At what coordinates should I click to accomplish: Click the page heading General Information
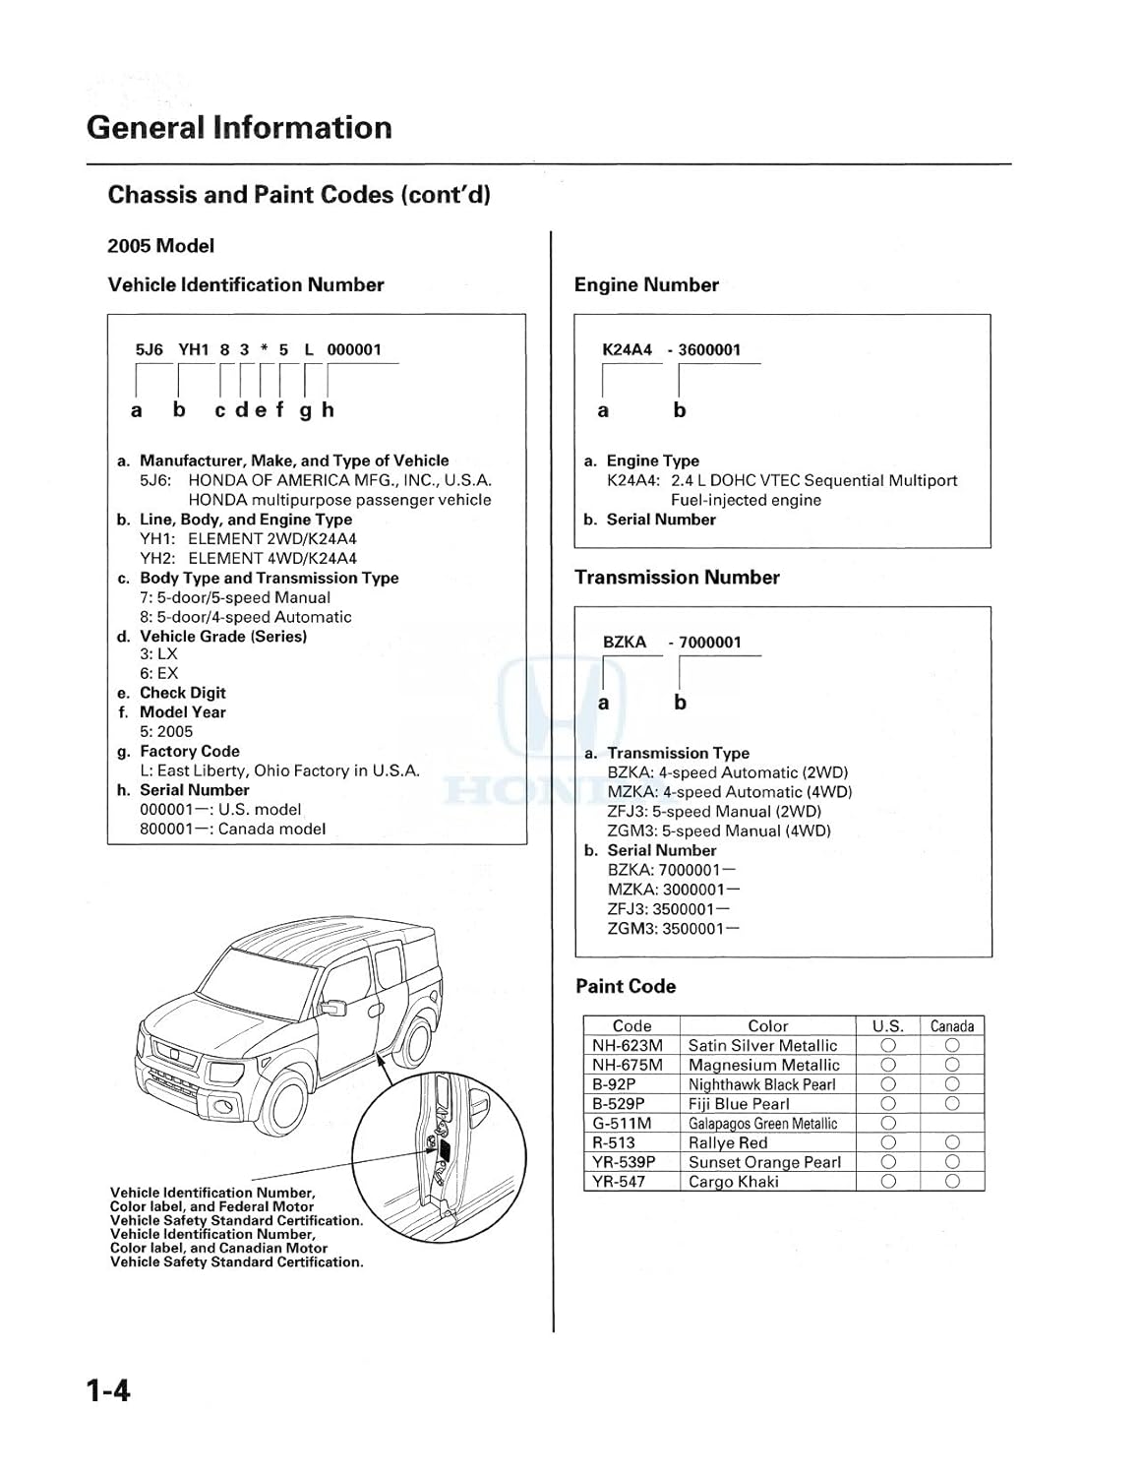[x=239, y=128]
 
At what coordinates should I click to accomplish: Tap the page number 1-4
[x=108, y=1390]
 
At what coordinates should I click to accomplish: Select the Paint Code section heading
[x=626, y=986]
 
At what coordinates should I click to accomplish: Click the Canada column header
[x=951, y=1025]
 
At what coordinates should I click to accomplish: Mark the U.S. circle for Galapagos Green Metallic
[x=888, y=1123]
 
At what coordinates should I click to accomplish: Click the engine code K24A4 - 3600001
[x=672, y=349]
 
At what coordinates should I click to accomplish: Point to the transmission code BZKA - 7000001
[x=672, y=643]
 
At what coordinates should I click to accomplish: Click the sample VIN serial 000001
[x=354, y=349]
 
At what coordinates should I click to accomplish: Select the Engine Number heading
[x=646, y=285]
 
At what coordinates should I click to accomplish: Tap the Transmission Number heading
[x=677, y=578]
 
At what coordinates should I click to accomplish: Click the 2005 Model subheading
[x=160, y=246]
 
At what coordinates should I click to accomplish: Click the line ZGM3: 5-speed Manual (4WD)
[x=719, y=830]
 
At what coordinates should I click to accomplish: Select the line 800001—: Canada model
[x=232, y=829]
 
